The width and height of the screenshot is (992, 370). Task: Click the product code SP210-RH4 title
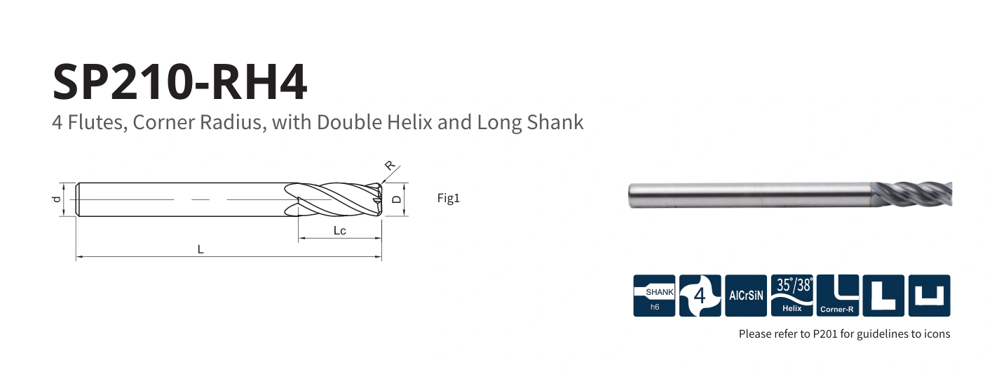[x=179, y=81]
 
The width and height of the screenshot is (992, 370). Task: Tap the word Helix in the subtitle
[x=409, y=122]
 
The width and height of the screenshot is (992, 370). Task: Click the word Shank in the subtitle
[x=555, y=122]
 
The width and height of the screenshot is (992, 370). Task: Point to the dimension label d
[x=56, y=199]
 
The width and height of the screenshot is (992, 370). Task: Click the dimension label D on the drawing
[x=396, y=199]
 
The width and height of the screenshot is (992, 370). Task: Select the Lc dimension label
[x=340, y=230]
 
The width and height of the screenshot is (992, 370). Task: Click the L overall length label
[x=201, y=249]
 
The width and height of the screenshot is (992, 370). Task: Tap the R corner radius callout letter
[x=389, y=166]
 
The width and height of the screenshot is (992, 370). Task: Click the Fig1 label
[x=448, y=198]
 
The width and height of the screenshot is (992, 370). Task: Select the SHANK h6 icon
[x=654, y=296]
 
